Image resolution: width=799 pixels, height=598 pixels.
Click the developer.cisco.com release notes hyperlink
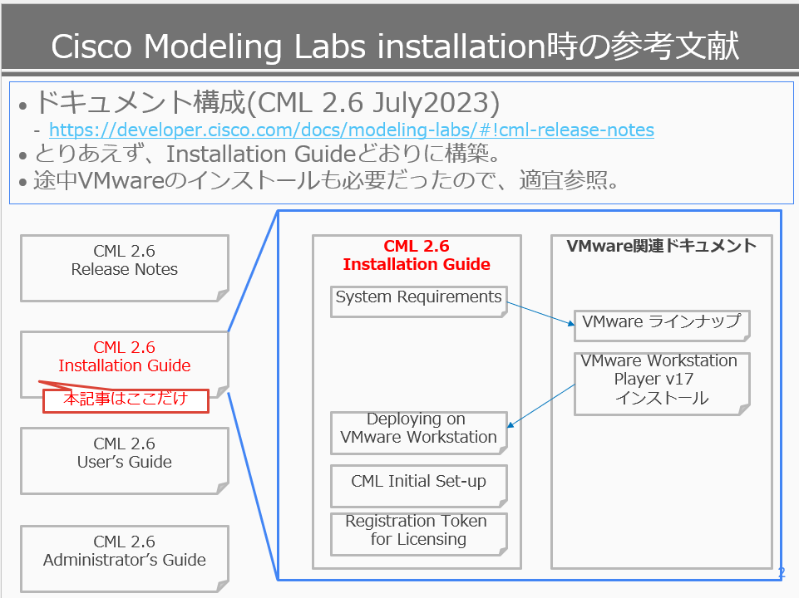[352, 130]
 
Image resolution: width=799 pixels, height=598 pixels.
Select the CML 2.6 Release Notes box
[125, 268]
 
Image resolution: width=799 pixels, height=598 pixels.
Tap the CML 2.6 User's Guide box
[125, 461]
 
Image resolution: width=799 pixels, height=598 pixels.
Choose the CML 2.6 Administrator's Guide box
[125, 559]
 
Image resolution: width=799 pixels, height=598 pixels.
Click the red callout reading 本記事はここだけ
[126, 400]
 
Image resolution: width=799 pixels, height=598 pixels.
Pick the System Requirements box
[419, 301]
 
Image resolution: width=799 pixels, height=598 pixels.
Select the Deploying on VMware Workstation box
[419, 433]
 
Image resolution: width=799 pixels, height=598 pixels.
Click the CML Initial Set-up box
[419, 486]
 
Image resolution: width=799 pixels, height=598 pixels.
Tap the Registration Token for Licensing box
[419, 534]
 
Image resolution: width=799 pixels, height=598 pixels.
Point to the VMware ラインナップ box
[662, 326]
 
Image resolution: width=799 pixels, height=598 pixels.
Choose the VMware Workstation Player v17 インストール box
[662, 384]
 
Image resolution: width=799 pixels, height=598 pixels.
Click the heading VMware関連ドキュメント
[662, 246]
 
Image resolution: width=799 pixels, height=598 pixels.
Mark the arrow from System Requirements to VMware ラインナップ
[540, 313]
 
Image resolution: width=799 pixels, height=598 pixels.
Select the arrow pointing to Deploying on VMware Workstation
[541, 405]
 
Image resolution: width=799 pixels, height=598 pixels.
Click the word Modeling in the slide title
[213, 47]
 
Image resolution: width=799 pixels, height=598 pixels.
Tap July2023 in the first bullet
[436, 103]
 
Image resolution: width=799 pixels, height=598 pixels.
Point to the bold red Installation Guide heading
[417, 264]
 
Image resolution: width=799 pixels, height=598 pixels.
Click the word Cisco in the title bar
[91, 47]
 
